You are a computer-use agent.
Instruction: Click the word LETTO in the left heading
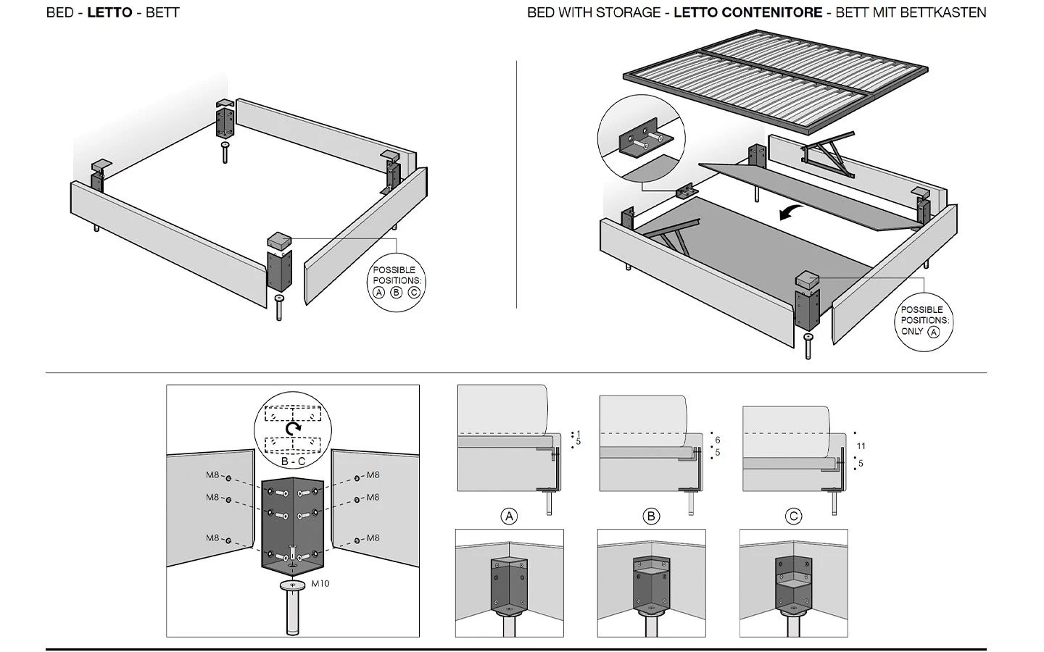pos(109,12)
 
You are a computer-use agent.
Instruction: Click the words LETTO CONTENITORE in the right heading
pos(747,12)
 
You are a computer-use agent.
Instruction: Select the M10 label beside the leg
pos(320,583)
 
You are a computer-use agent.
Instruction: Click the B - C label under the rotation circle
pos(293,461)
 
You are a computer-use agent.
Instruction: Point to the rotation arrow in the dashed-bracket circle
pos(293,428)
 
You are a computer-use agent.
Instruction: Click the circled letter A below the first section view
pos(509,517)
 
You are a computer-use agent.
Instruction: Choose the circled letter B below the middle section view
pos(651,517)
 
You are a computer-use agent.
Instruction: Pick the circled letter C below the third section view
pos(793,517)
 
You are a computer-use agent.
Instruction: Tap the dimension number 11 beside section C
pos(861,446)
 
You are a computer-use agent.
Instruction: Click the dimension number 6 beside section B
pos(718,440)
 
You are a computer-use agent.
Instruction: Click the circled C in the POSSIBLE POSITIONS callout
pos(414,293)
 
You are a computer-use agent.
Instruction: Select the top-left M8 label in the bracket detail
pos(212,475)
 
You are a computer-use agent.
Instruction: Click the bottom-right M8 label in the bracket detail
pos(373,538)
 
